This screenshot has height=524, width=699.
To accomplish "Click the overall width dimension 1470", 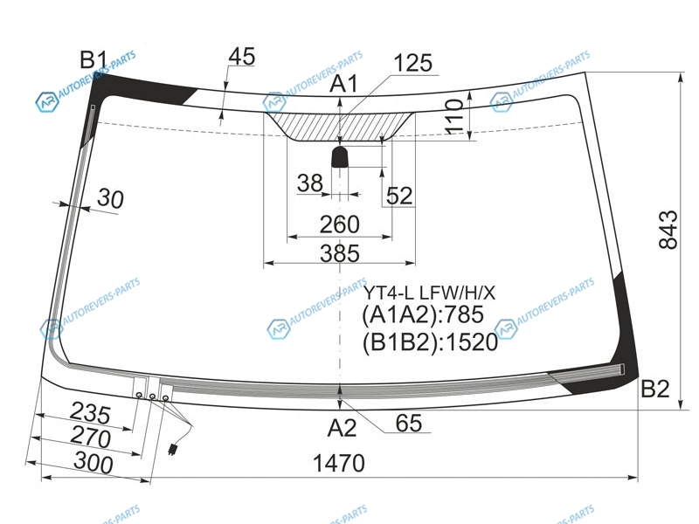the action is (339, 464).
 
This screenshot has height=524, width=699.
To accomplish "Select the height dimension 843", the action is (668, 230).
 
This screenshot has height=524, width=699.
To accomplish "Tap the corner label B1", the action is (93, 59).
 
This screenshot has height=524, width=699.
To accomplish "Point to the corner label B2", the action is (654, 389).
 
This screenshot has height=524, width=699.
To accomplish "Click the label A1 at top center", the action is (343, 83).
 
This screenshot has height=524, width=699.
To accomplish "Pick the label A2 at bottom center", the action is (342, 428).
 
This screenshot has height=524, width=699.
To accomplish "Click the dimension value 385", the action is (340, 253).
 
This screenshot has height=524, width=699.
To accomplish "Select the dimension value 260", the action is (339, 224).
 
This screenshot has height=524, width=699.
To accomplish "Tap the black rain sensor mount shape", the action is (340, 157).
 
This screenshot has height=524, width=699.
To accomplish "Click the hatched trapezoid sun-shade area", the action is (340, 126).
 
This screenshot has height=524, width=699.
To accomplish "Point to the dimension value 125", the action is (412, 63).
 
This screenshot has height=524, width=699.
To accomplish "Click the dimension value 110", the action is (454, 117).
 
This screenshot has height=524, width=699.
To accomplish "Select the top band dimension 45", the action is (242, 56).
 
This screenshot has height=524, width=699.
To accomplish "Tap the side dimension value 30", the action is (110, 198).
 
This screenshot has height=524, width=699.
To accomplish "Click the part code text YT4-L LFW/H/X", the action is (429, 293).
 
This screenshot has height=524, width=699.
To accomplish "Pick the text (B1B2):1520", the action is (430, 342).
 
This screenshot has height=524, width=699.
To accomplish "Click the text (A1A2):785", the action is (423, 314).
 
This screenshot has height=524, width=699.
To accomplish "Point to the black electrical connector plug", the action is (172, 449).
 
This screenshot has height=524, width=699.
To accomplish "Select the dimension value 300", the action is (93, 462).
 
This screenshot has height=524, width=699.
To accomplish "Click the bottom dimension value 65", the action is (409, 423).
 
